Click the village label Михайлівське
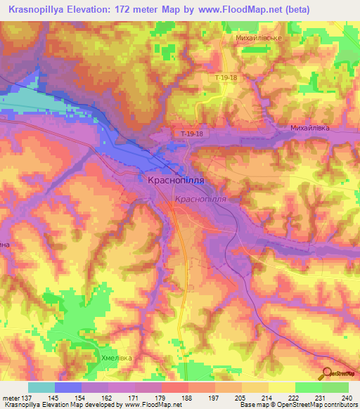click(254, 37)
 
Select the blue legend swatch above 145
click(67, 387)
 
